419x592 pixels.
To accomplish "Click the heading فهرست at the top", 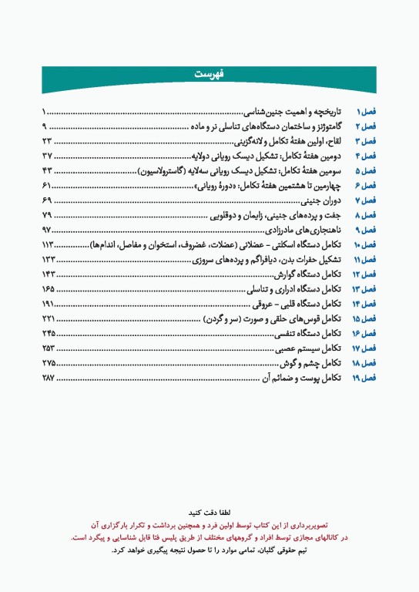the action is click(209, 74).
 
